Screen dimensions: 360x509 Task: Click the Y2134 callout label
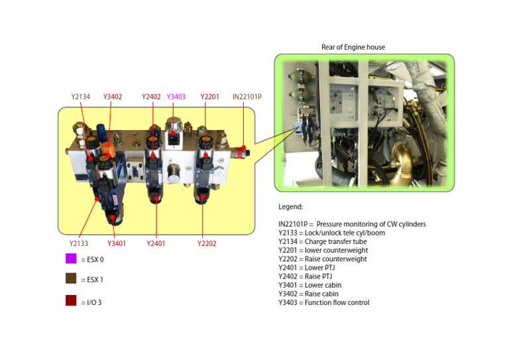[81, 97]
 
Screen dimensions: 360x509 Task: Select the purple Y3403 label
[176, 97]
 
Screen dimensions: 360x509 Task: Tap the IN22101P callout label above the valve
[247, 97]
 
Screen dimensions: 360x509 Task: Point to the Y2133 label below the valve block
[79, 243]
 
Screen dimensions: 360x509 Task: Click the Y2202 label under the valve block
[207, 243]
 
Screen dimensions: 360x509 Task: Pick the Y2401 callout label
[156, 243]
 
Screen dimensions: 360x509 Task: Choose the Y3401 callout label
[117, 243]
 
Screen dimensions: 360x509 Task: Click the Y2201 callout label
[209, 97]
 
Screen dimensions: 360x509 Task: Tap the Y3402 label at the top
[113, 97]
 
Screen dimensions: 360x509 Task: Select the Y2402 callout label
[151, 97]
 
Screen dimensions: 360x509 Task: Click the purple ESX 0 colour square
[71, 259]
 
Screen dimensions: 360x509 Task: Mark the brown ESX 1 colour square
[71, 279]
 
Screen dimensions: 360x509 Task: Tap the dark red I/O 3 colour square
[71, 300]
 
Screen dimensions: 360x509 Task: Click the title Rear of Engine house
[353, 47]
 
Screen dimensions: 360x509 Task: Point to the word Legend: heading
[290, 207]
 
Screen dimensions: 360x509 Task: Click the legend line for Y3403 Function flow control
[323, 303]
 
